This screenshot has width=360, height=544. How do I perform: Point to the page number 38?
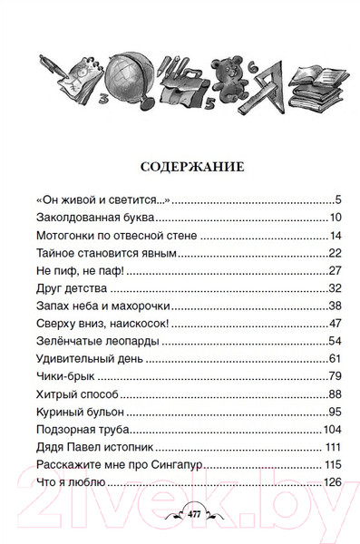click(x=334, y=305)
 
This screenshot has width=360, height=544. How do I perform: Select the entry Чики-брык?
click(x=63, y=374)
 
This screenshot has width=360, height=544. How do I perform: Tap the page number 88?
click(x=334, y=392)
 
